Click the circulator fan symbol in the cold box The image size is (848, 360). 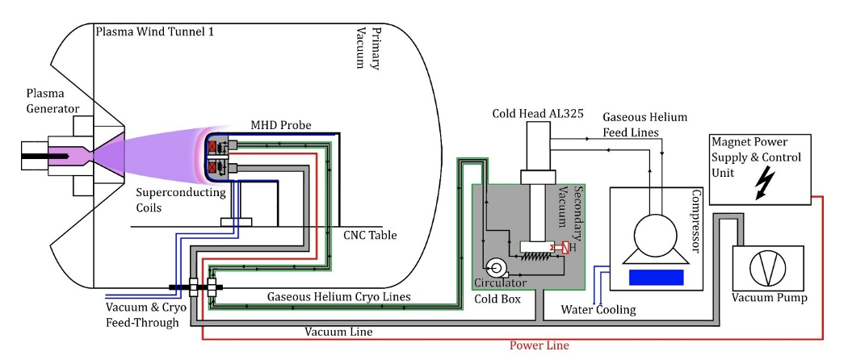click(495, 267)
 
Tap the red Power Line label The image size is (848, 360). click(539, 345)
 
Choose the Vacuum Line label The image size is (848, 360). click(338, 331)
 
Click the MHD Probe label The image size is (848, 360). click(281, 125)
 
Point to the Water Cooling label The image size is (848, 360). click(600, 310)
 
